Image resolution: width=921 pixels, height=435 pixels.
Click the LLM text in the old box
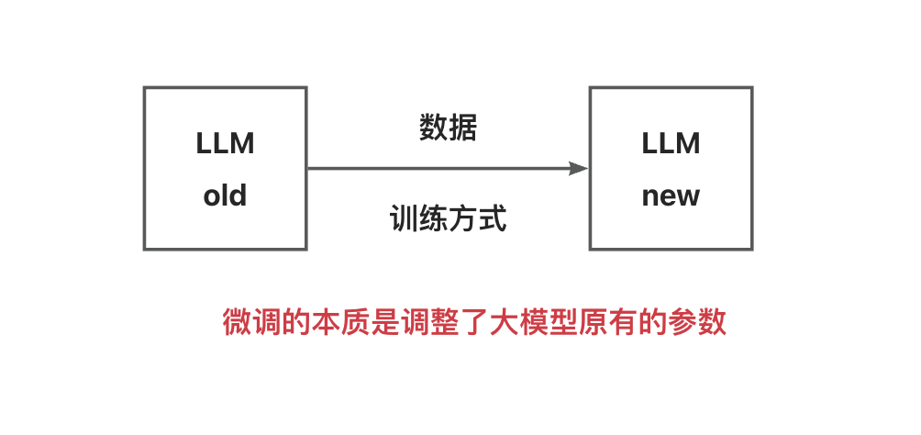[x=225, y=143]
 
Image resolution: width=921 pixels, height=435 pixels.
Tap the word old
[x=225, y=195]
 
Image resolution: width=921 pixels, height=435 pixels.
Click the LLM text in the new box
[x=671, y=143]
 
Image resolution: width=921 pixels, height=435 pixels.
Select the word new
[x=671, y=195]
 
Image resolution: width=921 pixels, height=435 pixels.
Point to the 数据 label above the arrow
[x=449, y=128]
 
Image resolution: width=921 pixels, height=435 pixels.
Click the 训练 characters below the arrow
[x=418, y=219]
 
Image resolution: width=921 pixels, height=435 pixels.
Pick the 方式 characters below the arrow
[x=477, y=219]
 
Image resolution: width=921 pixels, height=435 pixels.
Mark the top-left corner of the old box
[x=145, y=88]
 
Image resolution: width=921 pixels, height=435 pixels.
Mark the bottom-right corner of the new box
[x=752, y=249]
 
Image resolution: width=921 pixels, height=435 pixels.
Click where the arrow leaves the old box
[x=308, y=169]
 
